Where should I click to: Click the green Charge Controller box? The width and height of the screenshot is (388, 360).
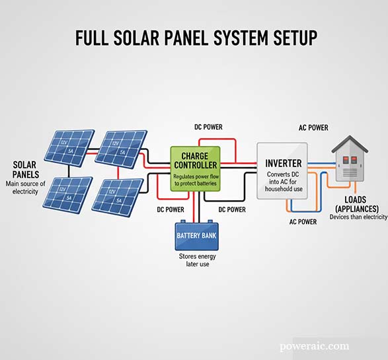point(196,168)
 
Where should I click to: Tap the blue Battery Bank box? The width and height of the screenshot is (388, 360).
point(196,234)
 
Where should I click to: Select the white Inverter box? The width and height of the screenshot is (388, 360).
point(283,170)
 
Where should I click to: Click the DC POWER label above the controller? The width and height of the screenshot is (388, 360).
point(207,126)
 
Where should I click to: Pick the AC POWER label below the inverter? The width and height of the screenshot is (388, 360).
point(303,222)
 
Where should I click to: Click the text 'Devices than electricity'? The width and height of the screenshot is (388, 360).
point(358,217)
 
